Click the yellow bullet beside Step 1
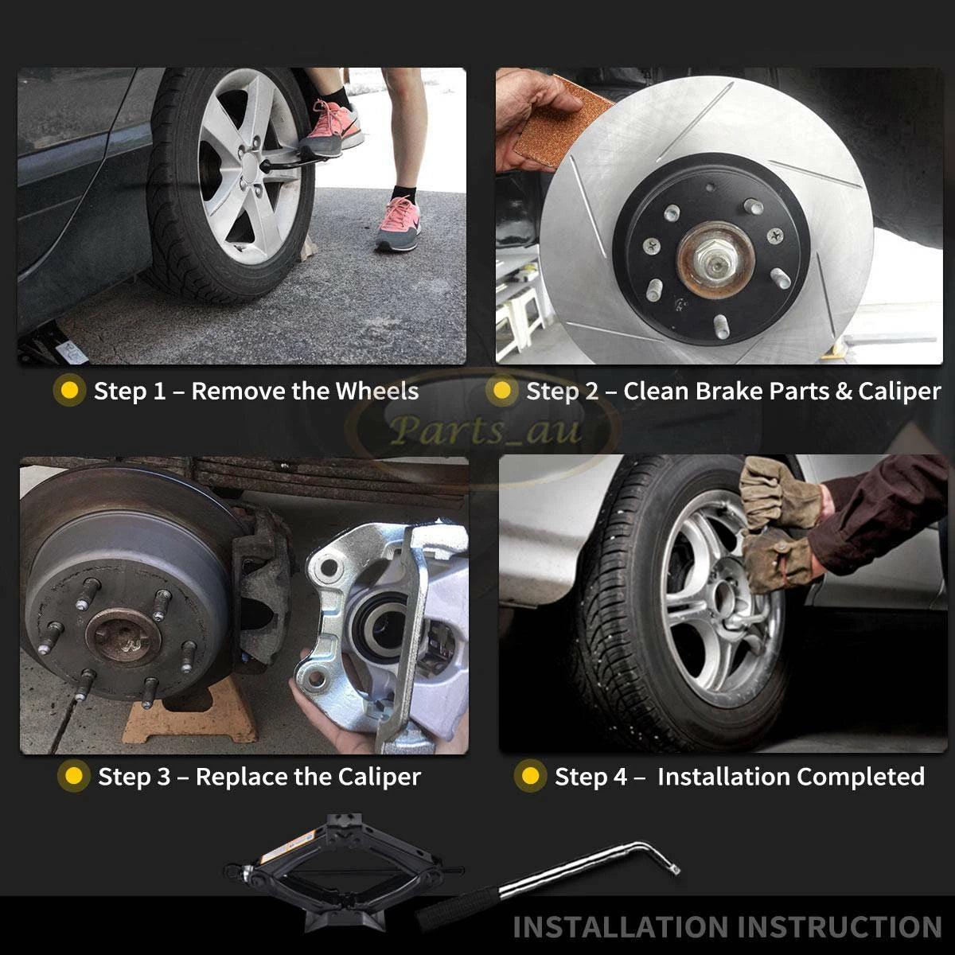[70, 391]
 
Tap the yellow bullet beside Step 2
[501, 391]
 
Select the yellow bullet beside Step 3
[74, 776]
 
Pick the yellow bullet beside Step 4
[530, 776]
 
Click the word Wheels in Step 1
[377, 391]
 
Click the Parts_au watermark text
[485, 430]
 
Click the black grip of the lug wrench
[458, 907]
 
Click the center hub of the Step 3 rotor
[123, 637]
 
